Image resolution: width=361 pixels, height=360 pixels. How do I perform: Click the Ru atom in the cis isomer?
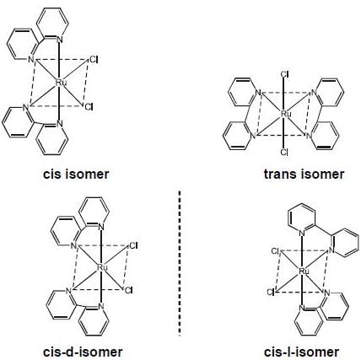(61, 83)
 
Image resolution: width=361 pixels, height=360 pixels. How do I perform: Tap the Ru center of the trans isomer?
(286, 114)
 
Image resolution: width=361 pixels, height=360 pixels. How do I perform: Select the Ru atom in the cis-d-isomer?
(102, 267)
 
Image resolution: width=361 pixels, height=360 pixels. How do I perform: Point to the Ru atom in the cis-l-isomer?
(304, 271)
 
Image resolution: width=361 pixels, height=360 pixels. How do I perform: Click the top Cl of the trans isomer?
(284, 74)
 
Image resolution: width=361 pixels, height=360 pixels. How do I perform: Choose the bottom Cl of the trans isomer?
(284, 153)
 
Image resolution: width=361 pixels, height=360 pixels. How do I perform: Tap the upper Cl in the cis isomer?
(94, 60)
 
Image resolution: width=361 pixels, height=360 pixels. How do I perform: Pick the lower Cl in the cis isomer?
(89, 107)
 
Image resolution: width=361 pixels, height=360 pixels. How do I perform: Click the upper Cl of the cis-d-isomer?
(133, 246)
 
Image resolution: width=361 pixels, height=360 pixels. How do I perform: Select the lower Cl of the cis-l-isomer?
(271, 293)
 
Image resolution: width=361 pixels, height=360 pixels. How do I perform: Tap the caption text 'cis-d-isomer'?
(83, 352)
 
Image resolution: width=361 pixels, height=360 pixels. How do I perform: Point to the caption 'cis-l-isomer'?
(302, 352)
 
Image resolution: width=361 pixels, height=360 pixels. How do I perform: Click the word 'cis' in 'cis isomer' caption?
(52, 175)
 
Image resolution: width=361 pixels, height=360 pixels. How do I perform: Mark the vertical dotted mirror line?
(180, 263)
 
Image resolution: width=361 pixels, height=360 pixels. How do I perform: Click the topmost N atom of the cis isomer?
(59, 40)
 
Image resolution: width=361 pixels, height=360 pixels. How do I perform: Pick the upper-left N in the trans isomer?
(258, 93)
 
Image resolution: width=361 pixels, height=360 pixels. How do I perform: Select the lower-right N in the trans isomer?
(309, 136)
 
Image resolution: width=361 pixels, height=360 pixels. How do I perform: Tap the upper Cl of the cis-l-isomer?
(275, 251)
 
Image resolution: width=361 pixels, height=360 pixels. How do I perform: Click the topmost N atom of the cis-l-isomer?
(302, 233)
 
